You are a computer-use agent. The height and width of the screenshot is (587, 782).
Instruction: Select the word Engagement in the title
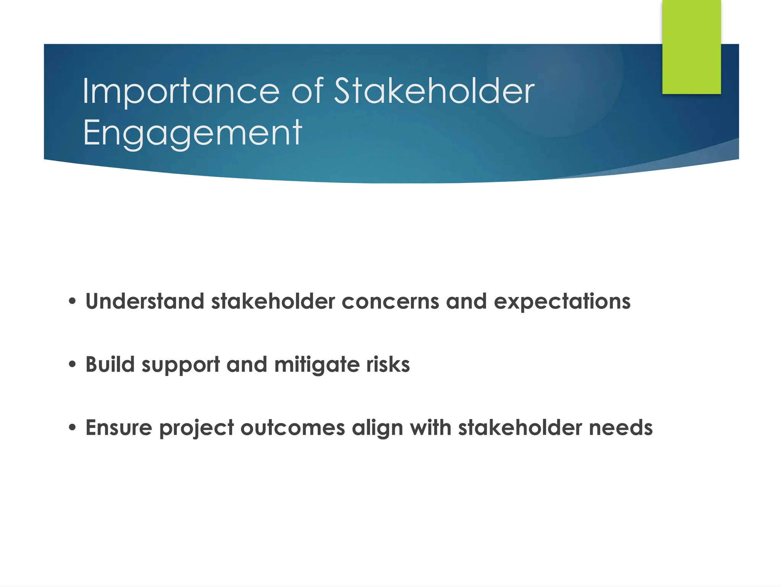(192, 133)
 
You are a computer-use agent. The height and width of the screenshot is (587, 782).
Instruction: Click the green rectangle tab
(691, 47)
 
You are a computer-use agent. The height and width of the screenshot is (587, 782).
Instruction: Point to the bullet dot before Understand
(73, 301)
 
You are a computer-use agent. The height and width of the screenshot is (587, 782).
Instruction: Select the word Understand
(145, 301)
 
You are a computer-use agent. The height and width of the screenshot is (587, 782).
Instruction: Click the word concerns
(390, 301)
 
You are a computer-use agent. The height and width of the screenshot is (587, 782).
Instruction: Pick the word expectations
(562, 301)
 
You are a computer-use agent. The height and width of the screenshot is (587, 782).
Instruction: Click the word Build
(110, 364)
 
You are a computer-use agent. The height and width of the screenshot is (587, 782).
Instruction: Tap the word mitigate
(317, 364)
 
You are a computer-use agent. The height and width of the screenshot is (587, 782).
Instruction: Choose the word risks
(388, 364)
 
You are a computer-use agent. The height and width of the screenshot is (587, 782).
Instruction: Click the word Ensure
(119, 427)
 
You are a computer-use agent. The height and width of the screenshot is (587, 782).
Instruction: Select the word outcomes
(292, 427)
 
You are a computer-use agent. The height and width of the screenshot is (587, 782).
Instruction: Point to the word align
(377, 427)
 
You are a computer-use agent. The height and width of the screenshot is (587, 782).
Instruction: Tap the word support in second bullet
(181, 364)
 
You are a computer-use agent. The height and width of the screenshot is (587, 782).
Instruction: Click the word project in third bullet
(196, 427)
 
